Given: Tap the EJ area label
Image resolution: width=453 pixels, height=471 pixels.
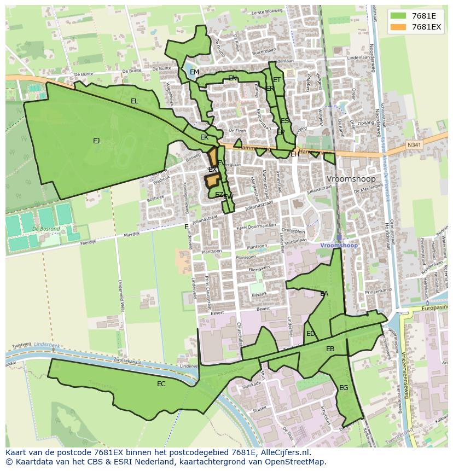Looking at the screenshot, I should point(96,141).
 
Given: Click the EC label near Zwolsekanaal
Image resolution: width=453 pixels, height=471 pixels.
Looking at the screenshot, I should point(161,384).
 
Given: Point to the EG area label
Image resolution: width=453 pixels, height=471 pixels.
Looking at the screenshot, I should point(344,388).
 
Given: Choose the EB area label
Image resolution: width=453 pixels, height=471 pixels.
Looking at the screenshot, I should point(330,349).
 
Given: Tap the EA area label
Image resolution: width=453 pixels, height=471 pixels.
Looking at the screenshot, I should point(324,294).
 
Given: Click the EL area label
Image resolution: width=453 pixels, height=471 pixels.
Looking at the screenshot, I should point(135,101).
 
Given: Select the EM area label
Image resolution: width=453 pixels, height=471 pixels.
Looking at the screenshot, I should point(194,72).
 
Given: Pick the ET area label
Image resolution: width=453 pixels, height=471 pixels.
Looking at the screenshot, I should point(277,80).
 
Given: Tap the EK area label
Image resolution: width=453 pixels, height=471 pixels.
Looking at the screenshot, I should point(204,137).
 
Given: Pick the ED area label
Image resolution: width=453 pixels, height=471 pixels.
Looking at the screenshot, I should point(310,334).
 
